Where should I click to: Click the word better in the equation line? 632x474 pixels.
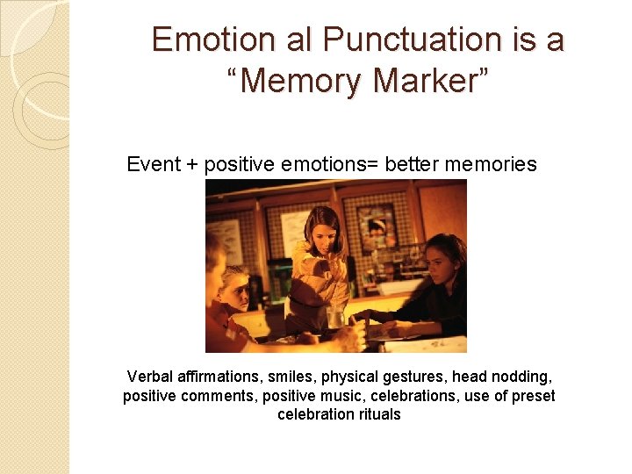point(406,164)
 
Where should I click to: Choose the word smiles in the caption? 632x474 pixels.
point(291,377)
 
